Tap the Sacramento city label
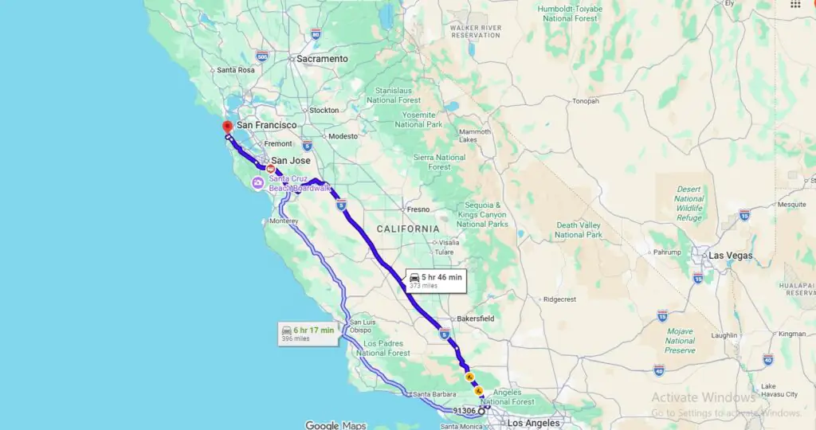[322, 59]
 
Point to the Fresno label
[418, 209]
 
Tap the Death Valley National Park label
[579, 230]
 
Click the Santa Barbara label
[433, 394]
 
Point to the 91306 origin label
[464, 411]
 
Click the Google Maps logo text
[335, 425]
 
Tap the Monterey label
[284, 221]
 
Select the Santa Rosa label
[236, 70]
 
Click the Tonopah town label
[585, 101]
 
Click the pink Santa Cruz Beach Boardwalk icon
[258, 184]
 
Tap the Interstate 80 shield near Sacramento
[316, 34]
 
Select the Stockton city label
[324, 110]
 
